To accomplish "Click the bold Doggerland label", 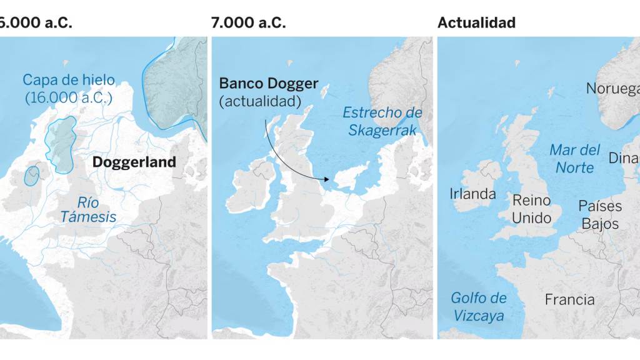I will click(x=134, y=162).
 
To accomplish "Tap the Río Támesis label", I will click(x=87, y=209).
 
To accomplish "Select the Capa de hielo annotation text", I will click(x=69, y=89).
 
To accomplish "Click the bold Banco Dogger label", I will click(x=269, y=84).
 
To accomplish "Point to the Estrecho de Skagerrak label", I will click(x=382, y=121).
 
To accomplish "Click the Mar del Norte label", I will click(x=574, y=159).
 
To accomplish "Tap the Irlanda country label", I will click(x=472, y=194).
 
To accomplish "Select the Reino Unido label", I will click(x=531, y=209).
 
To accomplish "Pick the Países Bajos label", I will click(x=599, y=214).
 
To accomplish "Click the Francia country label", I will click(x=569, y=300).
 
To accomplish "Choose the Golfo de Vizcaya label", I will click(x=478, y=306).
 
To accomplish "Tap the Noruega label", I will click(x=612, y=89).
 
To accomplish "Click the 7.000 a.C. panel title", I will click(x=248, y=22).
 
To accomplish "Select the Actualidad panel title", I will click(x=476, y=22).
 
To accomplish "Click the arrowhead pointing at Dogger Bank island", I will click(x=327, y=179).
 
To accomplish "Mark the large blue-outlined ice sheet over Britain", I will click(x=61, y=144).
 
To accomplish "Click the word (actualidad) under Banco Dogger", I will click(x=260, y=101).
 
